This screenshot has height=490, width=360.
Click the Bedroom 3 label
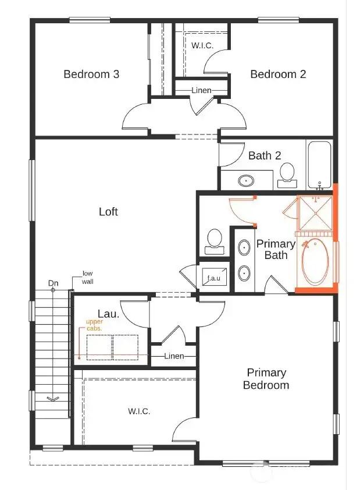pyautogui.click(x=91, y=74)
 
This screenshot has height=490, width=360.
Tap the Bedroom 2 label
pyautogui.click(x=278, y=74)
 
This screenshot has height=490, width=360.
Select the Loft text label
pyautogui.click(x=108, y=211)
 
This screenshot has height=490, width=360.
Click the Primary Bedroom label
pyautogui.click(x=266, y=379)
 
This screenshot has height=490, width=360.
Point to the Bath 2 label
pyautogui.click(x=265, y=155)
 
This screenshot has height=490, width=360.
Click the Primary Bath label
pyautogui.click(x=276, y=249)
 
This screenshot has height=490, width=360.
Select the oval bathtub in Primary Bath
pyautogui.click(x=316, y=261)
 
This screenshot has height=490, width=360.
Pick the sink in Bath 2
pyautogui.click(x=247, y=180)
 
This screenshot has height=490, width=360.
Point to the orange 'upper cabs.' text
pyautogui.click(x=94, y=325)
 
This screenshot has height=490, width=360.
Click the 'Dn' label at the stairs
pyautogui.click(x=54, y=283)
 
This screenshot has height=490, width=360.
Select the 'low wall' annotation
pyautogui.click(x=87, y=277)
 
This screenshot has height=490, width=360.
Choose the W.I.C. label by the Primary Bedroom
pyautogui.click(x=139, y=411)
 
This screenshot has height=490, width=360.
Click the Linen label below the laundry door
pyautogui.click(x=174, y=356)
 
